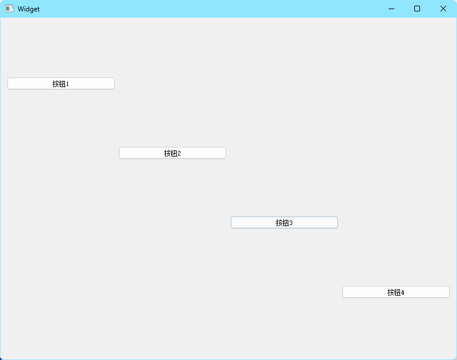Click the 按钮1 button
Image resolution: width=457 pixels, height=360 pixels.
pos(61,84)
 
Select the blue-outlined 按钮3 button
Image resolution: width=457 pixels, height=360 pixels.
pos(284,223)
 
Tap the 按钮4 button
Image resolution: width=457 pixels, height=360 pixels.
pos(396,292)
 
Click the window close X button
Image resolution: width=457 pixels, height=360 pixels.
pos(443,9)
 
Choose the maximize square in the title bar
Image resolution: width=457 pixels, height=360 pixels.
pos(417,9)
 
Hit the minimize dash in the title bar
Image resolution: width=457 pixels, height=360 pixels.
pos(391,9)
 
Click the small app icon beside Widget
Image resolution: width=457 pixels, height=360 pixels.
pos(9,9)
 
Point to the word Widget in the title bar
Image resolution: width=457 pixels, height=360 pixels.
pos(28,9)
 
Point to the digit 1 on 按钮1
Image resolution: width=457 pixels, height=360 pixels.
pos(67,84)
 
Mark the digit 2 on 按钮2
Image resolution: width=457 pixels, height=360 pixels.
pos(179,154)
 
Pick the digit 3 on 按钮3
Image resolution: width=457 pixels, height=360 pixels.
pos(291,223)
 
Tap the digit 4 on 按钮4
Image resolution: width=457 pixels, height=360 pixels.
pos(402,293)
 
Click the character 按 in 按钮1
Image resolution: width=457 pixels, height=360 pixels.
pos(55,84)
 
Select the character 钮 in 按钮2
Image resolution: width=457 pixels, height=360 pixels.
pos(173,154)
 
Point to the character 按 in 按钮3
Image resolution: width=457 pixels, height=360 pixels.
pos(279,223)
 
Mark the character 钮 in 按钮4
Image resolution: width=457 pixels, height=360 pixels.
pos(397,293)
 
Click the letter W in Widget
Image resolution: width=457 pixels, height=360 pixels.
pos(20,9)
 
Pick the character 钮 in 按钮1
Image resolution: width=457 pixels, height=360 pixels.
pos(62,84)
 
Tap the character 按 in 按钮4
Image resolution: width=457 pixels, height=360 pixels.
pos(390,293)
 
